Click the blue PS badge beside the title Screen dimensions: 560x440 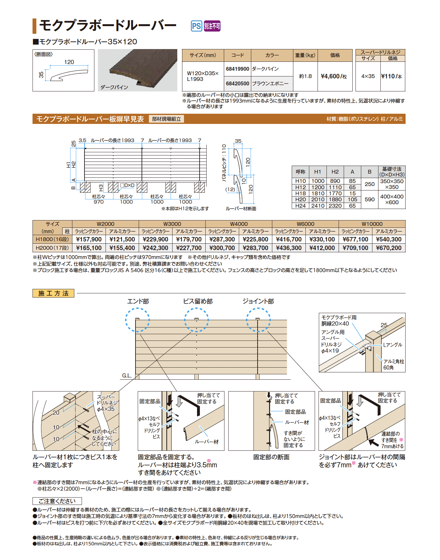(x=196, y=26)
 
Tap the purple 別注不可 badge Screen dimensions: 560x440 (x=212, y=26)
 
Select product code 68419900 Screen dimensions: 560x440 (x=238, y=69)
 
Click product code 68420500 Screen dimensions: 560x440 (x=238, y=83)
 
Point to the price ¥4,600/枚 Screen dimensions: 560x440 (x=334, y=76)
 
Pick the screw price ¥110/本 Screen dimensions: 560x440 (x=392, y=76)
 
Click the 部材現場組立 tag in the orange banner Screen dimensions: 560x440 (x=166, y=119)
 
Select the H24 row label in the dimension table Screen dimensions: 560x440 (x=300, y=206)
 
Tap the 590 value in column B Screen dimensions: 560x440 (x=370, y=199)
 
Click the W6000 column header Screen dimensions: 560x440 (x=305, y=224)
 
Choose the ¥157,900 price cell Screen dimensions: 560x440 (x=89, y=240)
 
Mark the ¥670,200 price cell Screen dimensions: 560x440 (x=389, y=248)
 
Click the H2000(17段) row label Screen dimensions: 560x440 (x=52, y=248)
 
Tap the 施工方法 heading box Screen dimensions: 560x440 (x=53, y=293)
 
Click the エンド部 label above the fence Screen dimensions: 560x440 (x=138, y=301)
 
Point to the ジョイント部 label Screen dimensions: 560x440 (x=258, y=301)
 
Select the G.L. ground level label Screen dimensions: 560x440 (x=127, y=376)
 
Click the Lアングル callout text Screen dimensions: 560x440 (x=392, y=345)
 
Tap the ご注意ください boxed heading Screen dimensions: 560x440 (x=57, y=501)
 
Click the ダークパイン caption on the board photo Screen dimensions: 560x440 (x=114, y=87)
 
